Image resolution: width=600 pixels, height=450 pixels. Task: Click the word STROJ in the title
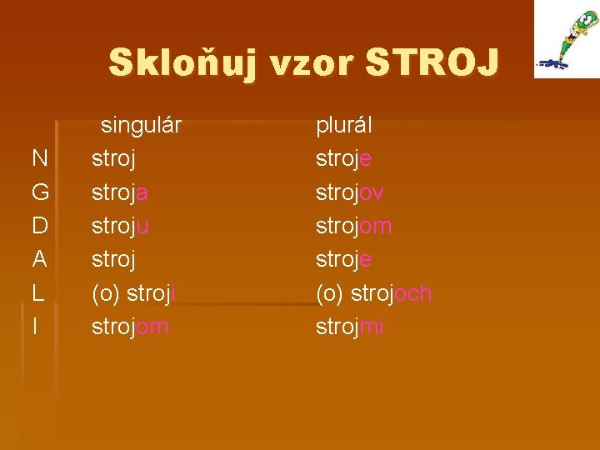[x=432, y=62]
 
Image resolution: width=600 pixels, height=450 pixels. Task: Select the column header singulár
[x=141, y=126]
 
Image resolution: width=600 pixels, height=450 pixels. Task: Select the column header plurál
[x=343, y=126]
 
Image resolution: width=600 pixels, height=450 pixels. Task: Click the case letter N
[x=39, y=159]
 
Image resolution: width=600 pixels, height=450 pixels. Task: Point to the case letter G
[x=40, y=192]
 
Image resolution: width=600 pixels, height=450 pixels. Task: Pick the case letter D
[x=39, y=226]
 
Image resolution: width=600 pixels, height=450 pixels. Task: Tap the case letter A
[x=39, y=259]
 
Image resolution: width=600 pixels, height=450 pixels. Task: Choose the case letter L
[x=38, y=293]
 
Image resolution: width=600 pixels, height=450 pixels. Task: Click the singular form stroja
[x=120, y=192]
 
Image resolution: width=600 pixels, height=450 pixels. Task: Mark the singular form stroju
[x=120, y=226]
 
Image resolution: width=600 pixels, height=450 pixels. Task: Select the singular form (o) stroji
[x=132, y=293]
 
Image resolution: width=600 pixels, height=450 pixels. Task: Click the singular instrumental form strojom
[x=130, y=327]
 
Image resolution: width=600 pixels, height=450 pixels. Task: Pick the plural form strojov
[x=350, y=192]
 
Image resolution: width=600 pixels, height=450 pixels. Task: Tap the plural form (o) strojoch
[x=373, y=293]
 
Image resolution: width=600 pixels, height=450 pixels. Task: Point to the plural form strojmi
[x=350, y=327]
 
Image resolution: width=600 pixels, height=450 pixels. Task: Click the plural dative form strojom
[x=354, y=226]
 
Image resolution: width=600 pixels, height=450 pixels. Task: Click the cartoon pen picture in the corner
[x=567, y=39]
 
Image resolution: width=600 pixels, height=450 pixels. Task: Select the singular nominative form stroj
[x=113, y=159]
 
